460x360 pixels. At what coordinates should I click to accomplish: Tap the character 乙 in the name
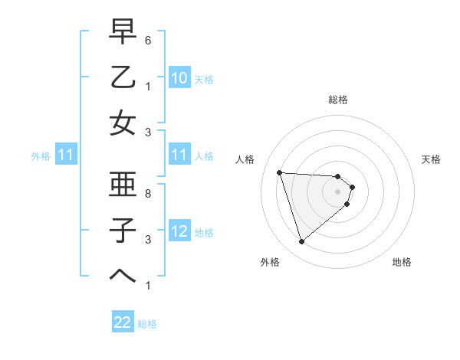123,77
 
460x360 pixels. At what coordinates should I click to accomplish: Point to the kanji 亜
123,184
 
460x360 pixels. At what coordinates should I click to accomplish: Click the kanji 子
123,230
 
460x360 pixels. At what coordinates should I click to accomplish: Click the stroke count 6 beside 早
149,39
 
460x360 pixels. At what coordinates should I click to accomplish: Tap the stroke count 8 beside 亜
149,194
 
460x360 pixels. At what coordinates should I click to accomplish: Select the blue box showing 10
179,78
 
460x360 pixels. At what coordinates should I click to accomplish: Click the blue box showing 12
179,231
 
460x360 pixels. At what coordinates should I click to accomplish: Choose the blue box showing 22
123,322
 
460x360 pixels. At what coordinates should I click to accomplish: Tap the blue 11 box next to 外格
65,155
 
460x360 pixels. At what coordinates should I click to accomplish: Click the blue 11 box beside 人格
179,155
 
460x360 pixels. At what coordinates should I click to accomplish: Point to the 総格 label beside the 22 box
148,324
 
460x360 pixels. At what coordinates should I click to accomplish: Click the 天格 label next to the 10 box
204,80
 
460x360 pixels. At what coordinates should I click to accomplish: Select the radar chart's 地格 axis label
402,262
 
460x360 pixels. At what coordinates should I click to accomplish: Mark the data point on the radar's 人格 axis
280,172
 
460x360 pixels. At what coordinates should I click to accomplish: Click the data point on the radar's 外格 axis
301,242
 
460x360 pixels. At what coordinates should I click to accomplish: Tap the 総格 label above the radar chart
338,100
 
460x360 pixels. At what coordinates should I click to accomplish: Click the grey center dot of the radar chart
338,191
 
